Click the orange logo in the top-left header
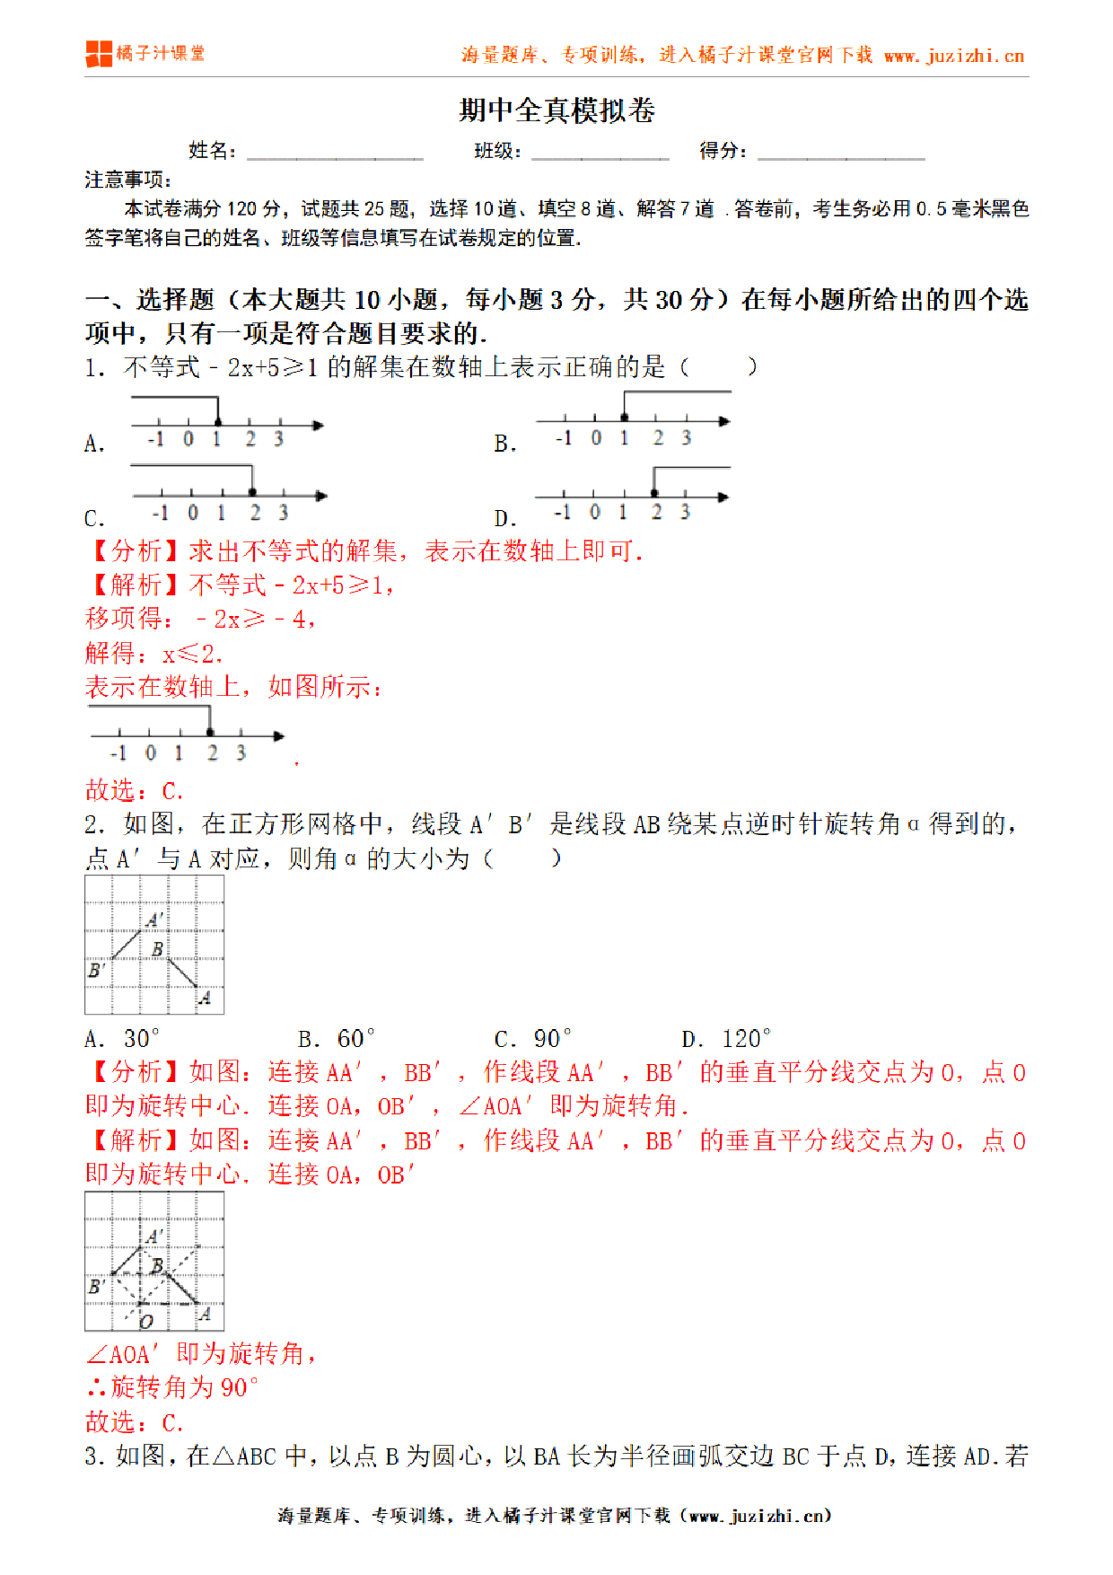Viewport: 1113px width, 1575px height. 99,54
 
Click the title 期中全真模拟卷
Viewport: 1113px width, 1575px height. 556,110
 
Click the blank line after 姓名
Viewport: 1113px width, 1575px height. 334,152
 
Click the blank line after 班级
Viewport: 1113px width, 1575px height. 600,152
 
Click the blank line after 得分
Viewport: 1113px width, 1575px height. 840,152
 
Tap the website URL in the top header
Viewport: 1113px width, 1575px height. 953,56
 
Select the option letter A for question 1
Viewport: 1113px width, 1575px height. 93,444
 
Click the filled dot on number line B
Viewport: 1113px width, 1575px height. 625,418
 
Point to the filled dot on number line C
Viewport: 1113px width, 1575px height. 253,492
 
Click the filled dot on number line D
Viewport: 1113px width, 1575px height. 654,493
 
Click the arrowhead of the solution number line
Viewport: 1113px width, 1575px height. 279,736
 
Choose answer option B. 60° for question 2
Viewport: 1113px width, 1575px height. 337,1039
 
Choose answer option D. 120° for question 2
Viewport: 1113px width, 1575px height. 726,1039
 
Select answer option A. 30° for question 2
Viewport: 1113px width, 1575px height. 122,1039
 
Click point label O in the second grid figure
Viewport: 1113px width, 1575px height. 146,1321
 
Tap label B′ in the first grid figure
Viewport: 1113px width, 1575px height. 96,971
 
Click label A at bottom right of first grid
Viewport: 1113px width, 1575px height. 206,998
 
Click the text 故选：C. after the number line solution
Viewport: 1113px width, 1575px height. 135,791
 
